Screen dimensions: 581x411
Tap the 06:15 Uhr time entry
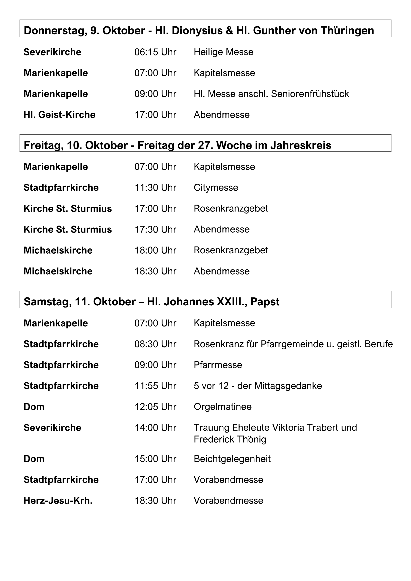click(155, 52)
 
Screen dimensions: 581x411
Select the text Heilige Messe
click(223, 52)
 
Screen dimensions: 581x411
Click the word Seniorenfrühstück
click(310, 94)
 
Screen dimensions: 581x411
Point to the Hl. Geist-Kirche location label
click(60, 115)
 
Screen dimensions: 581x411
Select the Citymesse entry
click(216, 188)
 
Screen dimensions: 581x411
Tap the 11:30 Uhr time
click(155, 188)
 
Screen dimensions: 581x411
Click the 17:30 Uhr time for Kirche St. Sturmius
click(155, 230)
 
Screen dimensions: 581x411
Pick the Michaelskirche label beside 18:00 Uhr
click(58, 251)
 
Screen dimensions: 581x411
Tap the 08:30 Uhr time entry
click(155, 344)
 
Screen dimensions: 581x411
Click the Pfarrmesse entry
click(218, 365)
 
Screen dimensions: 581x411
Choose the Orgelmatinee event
click(223, 407)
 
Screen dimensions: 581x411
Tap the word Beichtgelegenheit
click(232, 459)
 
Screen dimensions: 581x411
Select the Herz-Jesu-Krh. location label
click(58, 501)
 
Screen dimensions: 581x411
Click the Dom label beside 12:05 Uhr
click(34, 407)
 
